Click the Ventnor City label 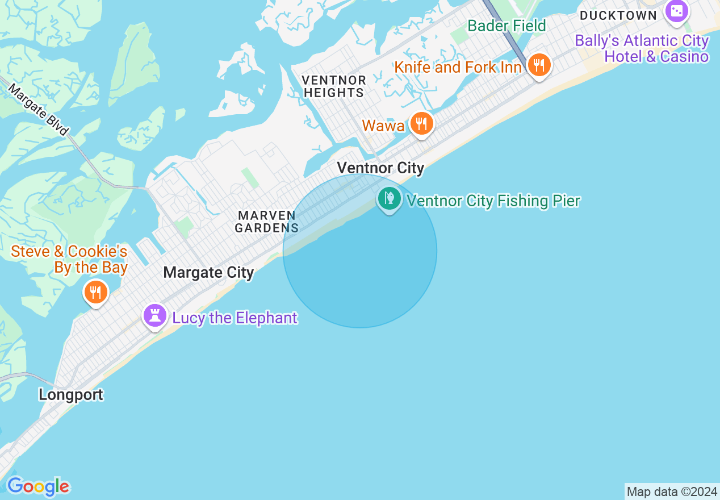point(380,168)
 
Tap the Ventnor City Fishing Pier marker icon point(390,199)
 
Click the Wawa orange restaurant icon point(421,123)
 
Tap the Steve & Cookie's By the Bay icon point(96,292)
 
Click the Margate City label point(208,273)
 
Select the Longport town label point(71,395)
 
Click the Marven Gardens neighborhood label point(267,222)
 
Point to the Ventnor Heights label point(334,86)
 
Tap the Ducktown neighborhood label point(618,15)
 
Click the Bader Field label point(506,26)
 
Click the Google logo point(38,486)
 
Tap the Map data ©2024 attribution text point(672,491)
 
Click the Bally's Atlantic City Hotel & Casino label point(642,48)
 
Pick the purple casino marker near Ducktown point(676,11)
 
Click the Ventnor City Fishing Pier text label point(493,201)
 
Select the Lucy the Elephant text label point(235,318)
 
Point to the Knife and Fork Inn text point(458,67)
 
